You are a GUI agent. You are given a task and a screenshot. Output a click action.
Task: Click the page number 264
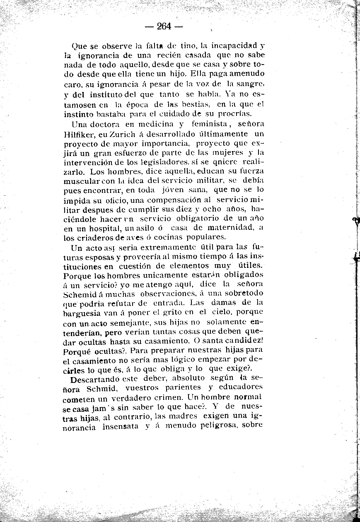click(x=164, y=26)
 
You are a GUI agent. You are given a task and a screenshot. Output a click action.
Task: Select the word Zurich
click(x=118, y=134)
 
